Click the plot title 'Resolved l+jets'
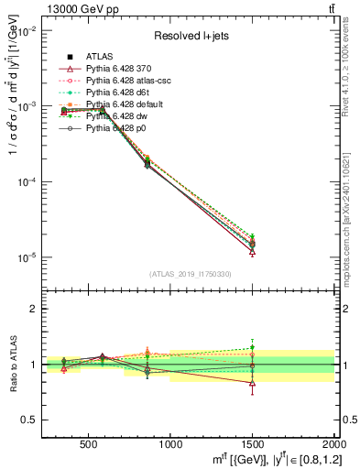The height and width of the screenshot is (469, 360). tap(191, 37)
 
